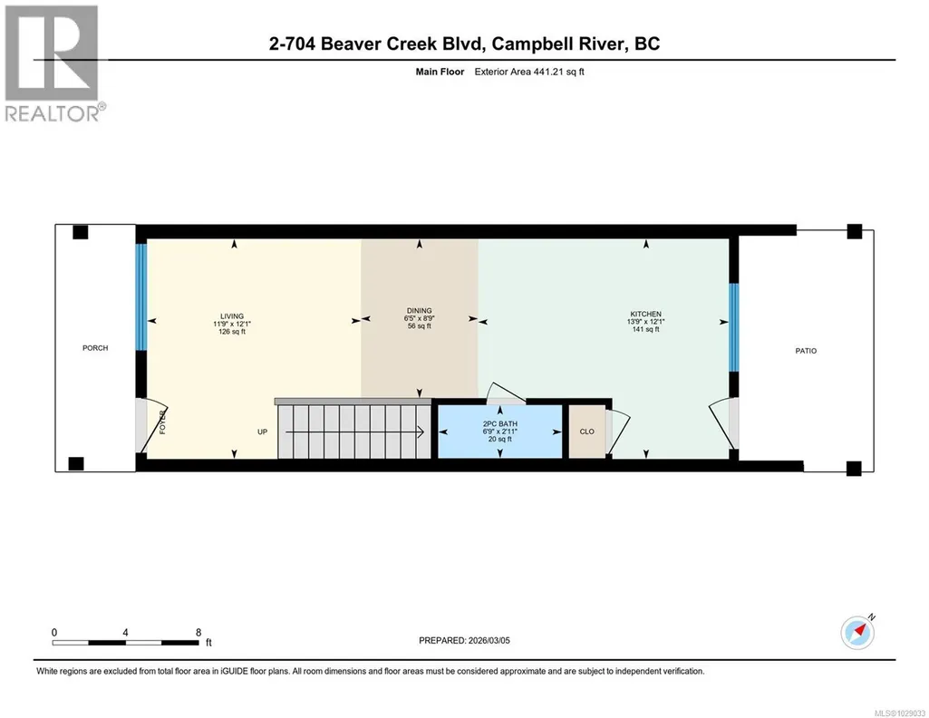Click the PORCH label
95,348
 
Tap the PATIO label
806,351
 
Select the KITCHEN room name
646,314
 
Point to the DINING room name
419,310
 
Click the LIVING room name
232,316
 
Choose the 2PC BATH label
500,423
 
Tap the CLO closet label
586,432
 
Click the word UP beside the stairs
263,432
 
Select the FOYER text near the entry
163,422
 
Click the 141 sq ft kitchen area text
646,329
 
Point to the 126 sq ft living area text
232,332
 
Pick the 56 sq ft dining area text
419,325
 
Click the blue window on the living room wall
141,296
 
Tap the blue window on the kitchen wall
733,327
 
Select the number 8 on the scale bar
198,632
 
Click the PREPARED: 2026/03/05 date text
464,640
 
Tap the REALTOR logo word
53,113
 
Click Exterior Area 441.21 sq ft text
529,72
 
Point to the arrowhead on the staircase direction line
421,432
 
